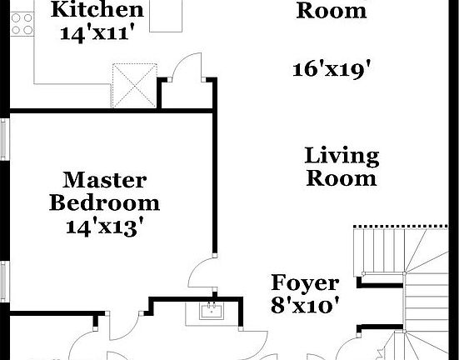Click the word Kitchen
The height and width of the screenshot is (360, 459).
(x=97, y=11)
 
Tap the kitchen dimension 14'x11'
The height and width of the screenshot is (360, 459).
(x=97, y=34)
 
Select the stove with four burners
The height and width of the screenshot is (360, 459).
(x=19, y=23)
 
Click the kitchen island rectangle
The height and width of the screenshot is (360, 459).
(x=167, y=15)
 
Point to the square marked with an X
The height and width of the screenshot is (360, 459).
(x=132, y=83)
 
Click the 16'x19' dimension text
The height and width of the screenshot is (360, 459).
(x=331, y=70)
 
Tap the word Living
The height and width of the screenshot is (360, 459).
(x=342, y=156)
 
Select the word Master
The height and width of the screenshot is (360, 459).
(x=105, y=180)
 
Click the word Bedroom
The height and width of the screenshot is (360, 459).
(x=105, y=202)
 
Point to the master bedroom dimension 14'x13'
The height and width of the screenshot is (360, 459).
(x=105, y=226)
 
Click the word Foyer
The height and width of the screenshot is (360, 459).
(x=305, y=282)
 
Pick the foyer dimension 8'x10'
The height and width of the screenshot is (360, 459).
(x=305, y=305)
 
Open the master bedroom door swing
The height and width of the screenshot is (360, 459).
(x=203, y=273)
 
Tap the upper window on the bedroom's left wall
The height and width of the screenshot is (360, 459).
(x=4, y=137)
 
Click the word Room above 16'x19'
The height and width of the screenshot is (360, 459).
(x=331, y=11)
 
